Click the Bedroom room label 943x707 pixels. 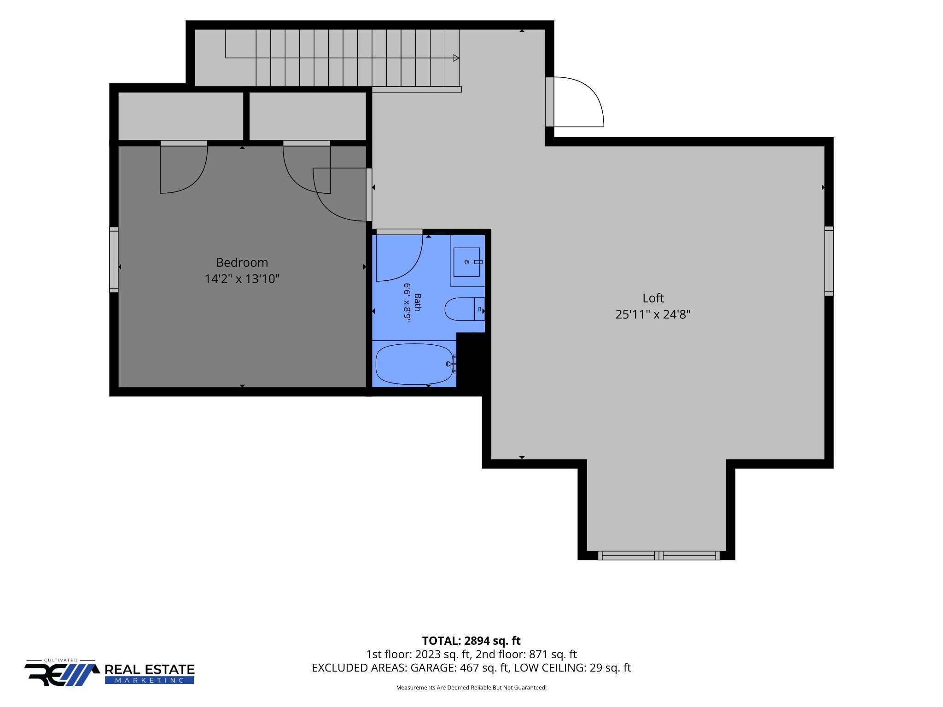(x=242, y=262)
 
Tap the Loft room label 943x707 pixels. (x=653, y=298)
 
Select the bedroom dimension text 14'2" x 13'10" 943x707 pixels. (x=242, y=278)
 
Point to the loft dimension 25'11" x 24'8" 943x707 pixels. (x=653, y=314)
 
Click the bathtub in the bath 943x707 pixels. (x=414, y=364)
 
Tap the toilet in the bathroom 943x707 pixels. (x=464, y=309)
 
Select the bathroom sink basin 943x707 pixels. (x=466, y=262)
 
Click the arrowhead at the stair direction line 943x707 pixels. (x=456, y=58)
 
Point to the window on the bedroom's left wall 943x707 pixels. (x=114, y=260)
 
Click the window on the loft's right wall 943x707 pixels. (x=829, y=261)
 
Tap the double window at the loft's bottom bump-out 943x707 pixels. (x=658, y=556)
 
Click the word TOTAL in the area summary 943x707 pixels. (x=441, y=641)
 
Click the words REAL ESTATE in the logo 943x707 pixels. (x=150, y=670)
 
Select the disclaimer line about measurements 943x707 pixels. (x=471, y=688)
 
